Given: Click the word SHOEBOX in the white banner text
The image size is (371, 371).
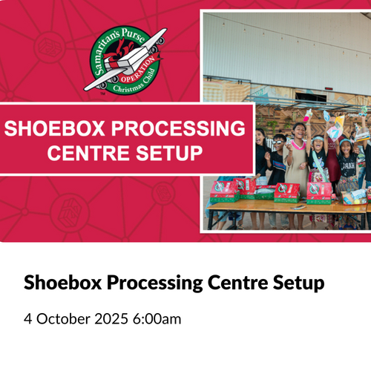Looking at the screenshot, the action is [54, 128].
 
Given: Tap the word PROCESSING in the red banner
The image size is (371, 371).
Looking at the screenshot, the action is [178, 128].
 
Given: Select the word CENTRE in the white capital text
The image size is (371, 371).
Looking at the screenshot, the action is [88, 153].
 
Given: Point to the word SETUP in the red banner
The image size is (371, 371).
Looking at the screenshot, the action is [169, 153].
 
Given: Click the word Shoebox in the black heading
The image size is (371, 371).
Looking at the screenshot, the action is [62, 282].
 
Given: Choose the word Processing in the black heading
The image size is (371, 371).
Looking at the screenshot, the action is [154, 283].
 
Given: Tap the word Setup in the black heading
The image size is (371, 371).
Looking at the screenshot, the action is [298, 283].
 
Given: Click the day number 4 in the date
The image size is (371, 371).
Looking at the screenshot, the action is [27, 318].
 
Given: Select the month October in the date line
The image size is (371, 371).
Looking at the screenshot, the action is [63, 318].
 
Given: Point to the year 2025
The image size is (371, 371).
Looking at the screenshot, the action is [111, 318].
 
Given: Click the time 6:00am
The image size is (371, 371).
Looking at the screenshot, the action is [157, 318].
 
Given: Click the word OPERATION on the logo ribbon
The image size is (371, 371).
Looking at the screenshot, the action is [139, 69].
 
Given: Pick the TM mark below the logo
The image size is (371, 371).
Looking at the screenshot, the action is [103, 93].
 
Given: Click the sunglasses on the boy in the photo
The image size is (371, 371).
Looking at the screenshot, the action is [278, 142].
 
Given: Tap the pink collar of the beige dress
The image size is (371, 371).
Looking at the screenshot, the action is [298, 145].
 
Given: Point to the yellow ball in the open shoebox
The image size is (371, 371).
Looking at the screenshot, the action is [357, 202].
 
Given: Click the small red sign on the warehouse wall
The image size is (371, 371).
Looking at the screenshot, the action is [329, 88].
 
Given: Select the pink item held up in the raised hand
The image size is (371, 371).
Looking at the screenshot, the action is [307, 115].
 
